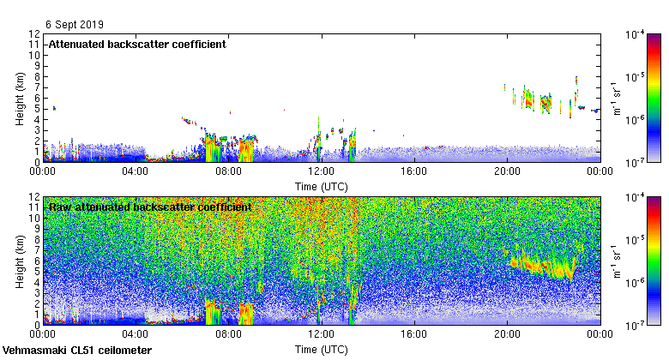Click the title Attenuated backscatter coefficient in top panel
click(137, 45)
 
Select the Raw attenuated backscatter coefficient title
click(150, 207)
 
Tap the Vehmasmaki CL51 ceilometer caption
click(77, 351)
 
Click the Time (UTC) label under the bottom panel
click(321, 350)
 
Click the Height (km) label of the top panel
click(20, 98)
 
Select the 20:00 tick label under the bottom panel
click(507, 335)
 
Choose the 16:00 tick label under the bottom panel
click(414, 335)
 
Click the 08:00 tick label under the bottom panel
click(228, 335)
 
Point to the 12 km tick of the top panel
click(33, 34)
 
